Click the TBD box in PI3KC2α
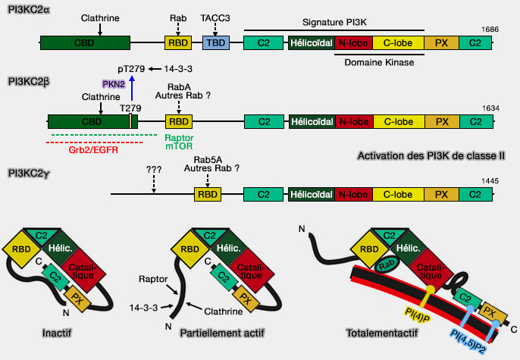pyautogui.click(x=217, y=43)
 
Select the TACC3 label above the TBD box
pyautogui.click(x=217, y=16)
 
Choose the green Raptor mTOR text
pyautogui.click(x=179, y=143)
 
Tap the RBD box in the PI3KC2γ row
pyautogui.click(x=208, y=195)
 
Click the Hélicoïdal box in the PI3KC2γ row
pyautogui.click(x=311, y=195)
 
